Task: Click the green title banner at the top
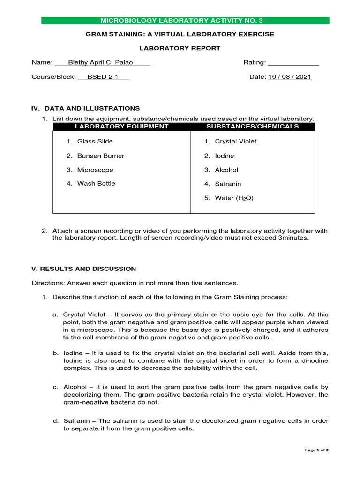pos(185,21)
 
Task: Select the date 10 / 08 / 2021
pos(290,77)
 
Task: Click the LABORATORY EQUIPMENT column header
pos(121,127)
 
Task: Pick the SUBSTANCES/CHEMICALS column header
pos(253,127)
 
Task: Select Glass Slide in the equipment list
pos(95,141)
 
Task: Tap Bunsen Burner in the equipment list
pos(100,156)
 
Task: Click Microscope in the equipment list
pos(95,170)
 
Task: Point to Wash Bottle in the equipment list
pos(96,183)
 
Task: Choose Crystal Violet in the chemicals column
pos(235,141)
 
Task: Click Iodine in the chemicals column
pos(224,156)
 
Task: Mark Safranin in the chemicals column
pos(228,184)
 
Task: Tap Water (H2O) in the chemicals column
pos(234,198)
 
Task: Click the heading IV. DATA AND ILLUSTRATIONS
pos(85,108)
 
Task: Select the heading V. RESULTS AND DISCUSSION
pos(83,269)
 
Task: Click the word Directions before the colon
pos(48,283)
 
